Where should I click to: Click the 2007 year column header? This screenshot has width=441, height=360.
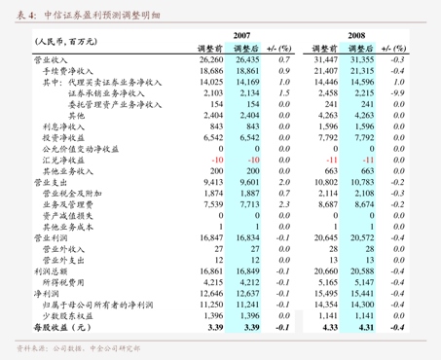(x=242, y=32)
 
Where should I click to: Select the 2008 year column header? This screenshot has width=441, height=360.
(x=357, y=32)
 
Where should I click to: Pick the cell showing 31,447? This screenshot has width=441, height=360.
(x=325, y=59)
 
